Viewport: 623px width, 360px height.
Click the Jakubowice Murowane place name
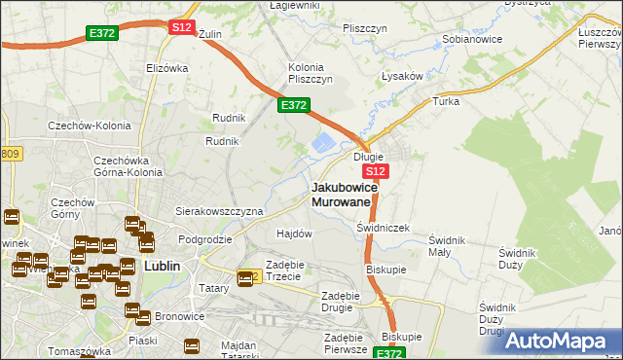[340, 194]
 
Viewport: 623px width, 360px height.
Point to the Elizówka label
[165, 68]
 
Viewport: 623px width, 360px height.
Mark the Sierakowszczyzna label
[219, 211]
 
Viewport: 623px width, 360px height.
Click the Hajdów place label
[294, 234]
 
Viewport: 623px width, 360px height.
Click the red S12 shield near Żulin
[182, 27]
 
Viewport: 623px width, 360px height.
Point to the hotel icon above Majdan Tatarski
[191, 344]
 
